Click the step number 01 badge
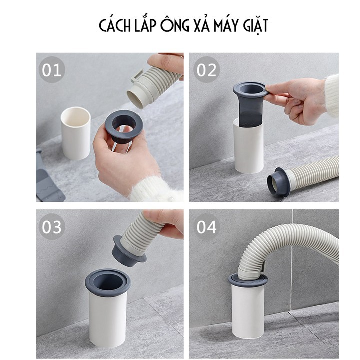point(52,70)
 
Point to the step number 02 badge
point(206,70)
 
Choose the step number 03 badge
point(52,227)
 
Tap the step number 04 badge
point(206,227)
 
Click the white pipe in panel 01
point(76,133)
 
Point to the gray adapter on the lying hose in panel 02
point(278,182)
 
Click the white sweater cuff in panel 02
point(332,96)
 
